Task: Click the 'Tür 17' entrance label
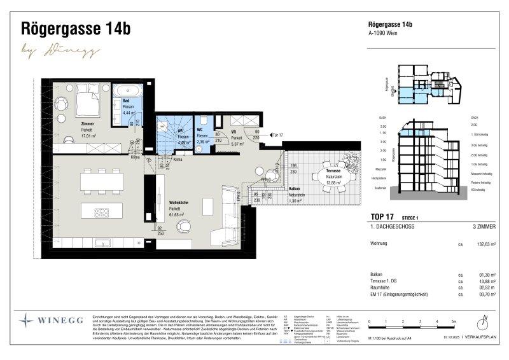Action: (x=277, y=135)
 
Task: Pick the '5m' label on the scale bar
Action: (x=454, y=322)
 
